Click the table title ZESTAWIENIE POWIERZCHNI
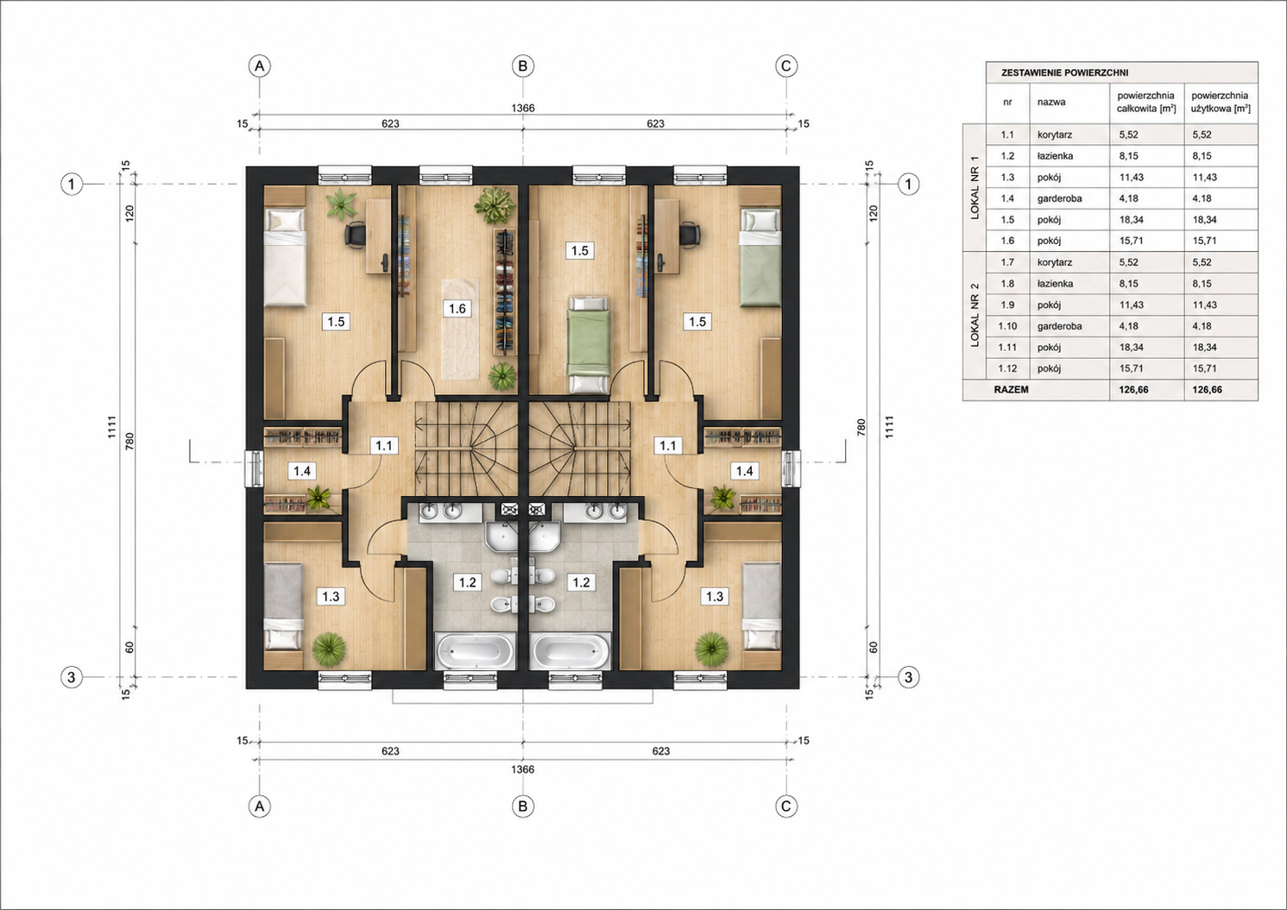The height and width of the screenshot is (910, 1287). (x=1064, y=73)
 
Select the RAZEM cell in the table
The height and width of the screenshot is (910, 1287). (x=1012, y=390)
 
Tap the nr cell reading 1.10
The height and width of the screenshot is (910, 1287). (x=1008, y=326)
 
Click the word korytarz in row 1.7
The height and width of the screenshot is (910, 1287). (x=1055, y=262)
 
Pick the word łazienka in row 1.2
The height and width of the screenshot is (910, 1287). (x=1055, y=156)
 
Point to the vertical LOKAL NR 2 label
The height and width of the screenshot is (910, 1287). (x=975, y=315)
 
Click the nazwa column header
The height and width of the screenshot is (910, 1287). (x=1051, y=102)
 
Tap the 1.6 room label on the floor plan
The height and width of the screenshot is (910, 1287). (x=457, y=309)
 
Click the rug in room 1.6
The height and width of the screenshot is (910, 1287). (x=459, y=329)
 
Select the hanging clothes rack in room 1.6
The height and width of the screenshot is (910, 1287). (x=505, y=292)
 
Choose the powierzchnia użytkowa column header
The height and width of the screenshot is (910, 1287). (x=1221, y=102)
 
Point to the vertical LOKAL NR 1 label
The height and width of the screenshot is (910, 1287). (x=975, y=188)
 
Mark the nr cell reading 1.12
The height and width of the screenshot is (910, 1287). (x=1008, y=368)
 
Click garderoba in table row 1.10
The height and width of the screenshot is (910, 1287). (x=1059, y=326)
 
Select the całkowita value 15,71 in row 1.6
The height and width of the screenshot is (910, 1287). (x=1132, y=242)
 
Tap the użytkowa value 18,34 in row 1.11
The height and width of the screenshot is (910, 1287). (x=1204, y=348)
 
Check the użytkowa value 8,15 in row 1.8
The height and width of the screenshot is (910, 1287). (x=1202, y=284)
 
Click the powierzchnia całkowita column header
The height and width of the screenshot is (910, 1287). (x=1146, y=102)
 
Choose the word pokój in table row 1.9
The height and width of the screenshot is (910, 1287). (x=1049, y=304)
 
